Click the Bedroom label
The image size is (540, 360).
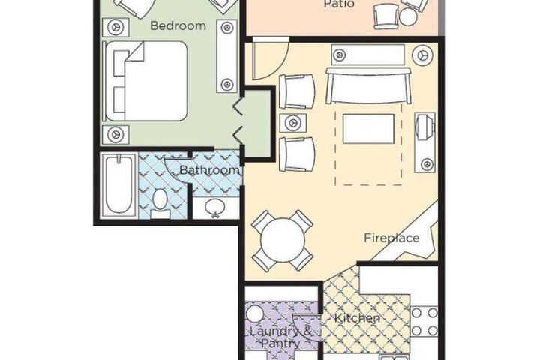(x=178, y=25)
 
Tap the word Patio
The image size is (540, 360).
(x=334, y=4)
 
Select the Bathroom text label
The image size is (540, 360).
(x=209, y=169)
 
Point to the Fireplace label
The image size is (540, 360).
(x=391, y=238)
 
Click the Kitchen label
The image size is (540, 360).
(x=358, y=318)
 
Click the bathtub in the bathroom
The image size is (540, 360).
(x=118, y=186)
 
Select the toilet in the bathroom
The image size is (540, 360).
(x=160, y=203)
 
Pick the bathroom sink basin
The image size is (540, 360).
(x=215, y=207)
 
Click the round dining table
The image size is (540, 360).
(x=283, y=240)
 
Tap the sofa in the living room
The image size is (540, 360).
(x=368, y=85)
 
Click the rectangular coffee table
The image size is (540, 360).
(x=368, y=129)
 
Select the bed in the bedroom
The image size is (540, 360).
(x=146, y=81)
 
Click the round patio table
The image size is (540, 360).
(x=408, y=16)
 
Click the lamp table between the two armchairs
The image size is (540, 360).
(x=293, y=123)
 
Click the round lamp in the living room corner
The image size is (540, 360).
(x=422, y=55)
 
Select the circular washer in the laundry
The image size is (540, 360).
(x=255, y=314)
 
